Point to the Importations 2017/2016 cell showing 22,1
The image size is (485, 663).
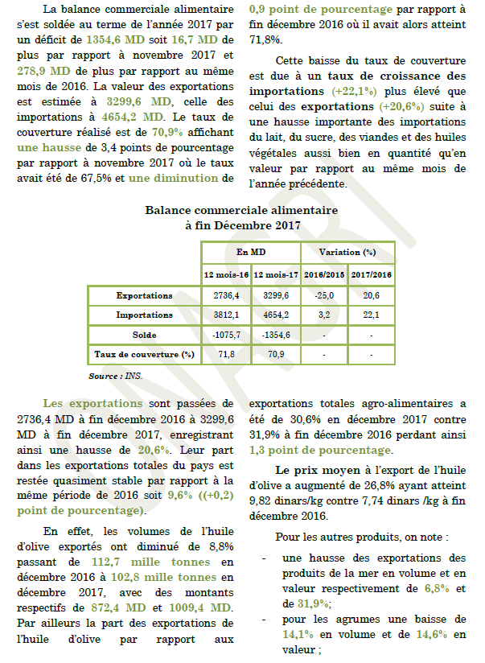pos(371,315)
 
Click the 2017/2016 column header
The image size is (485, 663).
pos(371,275)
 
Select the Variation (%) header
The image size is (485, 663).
pos(347,253)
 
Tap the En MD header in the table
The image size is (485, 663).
pos(251,253)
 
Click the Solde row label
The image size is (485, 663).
pos(144,335)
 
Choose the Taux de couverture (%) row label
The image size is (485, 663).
pos(144,354)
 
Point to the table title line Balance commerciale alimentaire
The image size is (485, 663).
pos(241,210)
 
